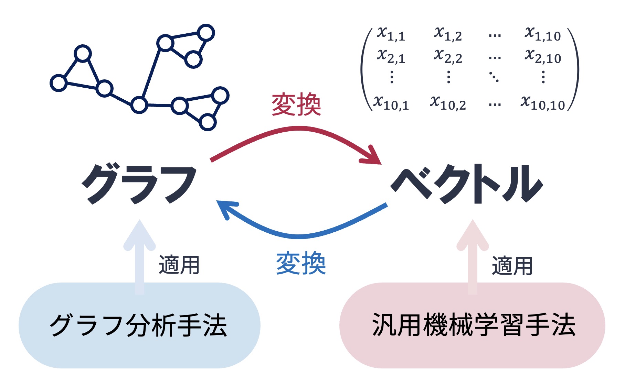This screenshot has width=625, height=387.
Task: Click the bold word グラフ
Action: (139, 184)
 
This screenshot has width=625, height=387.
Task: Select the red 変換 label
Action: (296, 104)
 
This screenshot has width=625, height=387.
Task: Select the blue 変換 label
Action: (301, 263)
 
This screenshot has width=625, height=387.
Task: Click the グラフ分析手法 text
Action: (138, 325)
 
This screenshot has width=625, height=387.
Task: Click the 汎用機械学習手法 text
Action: (474, 325)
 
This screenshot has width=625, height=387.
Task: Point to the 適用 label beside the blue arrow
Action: (179, 265)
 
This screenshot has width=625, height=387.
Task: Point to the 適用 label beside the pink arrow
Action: (512, 266)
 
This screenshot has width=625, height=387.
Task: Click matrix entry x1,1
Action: (391, 34)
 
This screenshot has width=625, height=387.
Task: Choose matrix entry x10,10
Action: (543, 103)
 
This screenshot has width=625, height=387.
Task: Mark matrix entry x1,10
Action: (543, 34)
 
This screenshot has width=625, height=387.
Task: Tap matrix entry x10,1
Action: (391, 103)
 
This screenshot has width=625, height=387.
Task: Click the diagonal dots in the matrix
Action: (494, 77)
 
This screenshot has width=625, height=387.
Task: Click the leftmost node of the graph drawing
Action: (59, 83)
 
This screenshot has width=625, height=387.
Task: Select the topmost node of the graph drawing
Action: (206, 33)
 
